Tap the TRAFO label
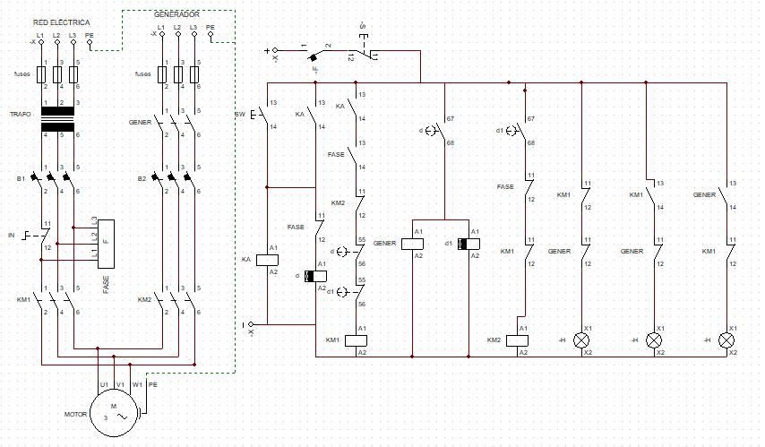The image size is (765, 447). coord(20,115)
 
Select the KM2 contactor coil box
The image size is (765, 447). coord(518,340)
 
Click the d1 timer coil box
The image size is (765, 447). coord(468,243)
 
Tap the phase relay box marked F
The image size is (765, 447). coord(106,243)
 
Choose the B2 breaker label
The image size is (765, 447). coord(142,178)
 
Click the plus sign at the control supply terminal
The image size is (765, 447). coord(267,51)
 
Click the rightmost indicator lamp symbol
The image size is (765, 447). coord(726,340)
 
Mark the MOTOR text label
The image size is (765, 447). coord(75,415)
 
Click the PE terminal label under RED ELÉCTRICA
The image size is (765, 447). coord(90,35)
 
